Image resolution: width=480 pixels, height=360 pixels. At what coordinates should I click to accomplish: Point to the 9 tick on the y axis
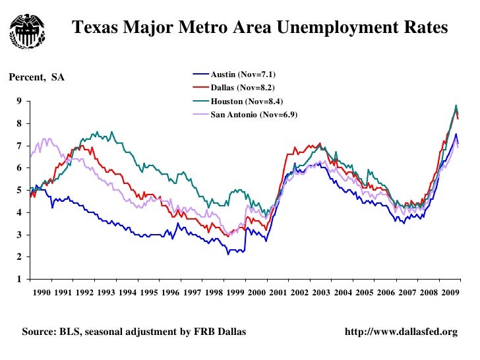coord(20,101)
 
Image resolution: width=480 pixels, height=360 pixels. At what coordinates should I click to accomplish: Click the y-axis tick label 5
coord(20,190)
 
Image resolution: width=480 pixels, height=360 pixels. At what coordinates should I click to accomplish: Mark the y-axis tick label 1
coord(20,279)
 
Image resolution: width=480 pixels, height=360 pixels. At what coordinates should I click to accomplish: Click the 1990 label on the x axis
coord(41,292)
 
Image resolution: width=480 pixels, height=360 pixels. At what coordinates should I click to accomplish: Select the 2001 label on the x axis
coord(278,292)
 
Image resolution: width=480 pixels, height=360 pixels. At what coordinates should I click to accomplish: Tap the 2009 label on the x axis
coord(450,292)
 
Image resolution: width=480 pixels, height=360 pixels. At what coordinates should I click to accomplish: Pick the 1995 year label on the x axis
coord(148,292)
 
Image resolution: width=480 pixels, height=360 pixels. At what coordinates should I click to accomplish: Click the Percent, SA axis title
coord(36,78)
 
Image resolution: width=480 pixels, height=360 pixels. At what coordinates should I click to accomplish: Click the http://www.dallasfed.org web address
coord(401,332)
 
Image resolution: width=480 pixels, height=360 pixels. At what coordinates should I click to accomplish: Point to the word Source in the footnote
coord(38,332)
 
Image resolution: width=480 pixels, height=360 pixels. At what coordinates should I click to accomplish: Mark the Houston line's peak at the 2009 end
coord(456,105)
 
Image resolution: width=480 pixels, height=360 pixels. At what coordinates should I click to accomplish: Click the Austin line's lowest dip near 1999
coord(228,254)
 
